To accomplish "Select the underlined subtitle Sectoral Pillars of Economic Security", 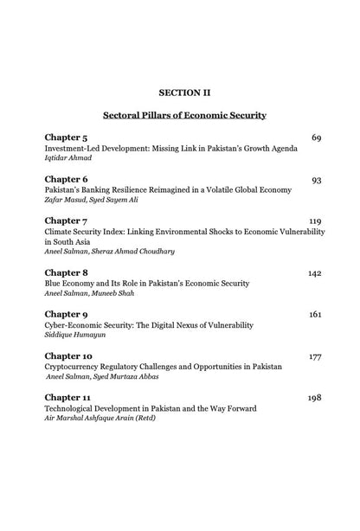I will click(x=184, y=114).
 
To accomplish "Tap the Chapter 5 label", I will click(x=67, y=137).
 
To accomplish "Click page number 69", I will click(x=316, y=137).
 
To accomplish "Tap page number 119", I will click(x=314, y=221).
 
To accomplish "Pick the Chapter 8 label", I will click(x=67, y=272).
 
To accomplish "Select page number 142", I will click(x=314, y=272).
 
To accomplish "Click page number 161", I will click(x=314, y=314).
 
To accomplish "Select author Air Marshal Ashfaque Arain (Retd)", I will click(x=102, y=419).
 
